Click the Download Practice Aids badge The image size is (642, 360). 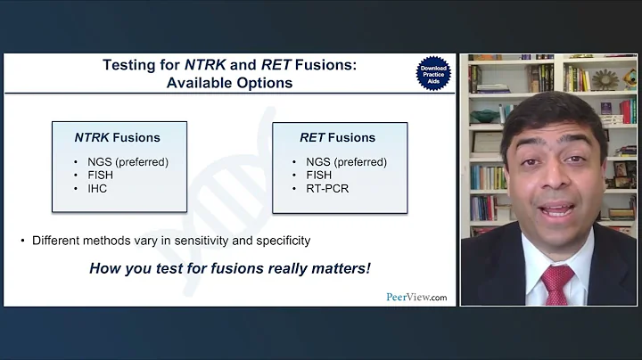click(x=432, y=73)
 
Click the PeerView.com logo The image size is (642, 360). click(x=416, y=297)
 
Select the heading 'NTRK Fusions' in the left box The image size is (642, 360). click(x=117, y=137)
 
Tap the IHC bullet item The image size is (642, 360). click(x=97, y=189)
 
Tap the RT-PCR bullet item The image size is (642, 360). click(x=325, y=189)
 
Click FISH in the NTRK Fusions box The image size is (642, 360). click(x=101, y=176)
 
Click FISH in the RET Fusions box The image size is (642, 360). click(x=318, y=176)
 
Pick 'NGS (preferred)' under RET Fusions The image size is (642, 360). click(x=345, y=162)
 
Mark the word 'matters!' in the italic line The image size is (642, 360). click(x=338, y=267)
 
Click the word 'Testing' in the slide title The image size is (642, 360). click(x=129, y=64)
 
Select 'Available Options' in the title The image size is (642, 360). click(x=229, y=83)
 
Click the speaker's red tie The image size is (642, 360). click(x=557, y=282)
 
